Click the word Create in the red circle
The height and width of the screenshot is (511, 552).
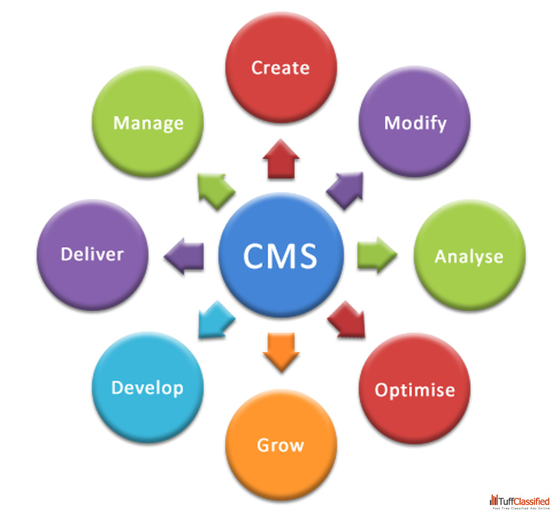click(x=280, y=68)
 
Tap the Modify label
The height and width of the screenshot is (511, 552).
click(x=415, y=123)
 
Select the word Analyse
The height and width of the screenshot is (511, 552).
click(x=469, y=257)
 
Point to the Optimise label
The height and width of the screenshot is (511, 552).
click(x=415, y=390)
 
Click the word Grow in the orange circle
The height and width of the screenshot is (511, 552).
click(x=280, y=444)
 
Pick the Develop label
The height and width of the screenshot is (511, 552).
click(x=147, y=388)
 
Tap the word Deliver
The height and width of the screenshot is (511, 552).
click(x=92, y=253)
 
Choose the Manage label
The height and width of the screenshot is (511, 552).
click(x=148, y=123)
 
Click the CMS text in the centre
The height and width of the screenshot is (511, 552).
click(x=280, y=255)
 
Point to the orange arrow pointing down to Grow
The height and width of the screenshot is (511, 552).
click(x=281, y=351)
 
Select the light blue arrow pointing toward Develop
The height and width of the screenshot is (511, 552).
click(x=216, y=319)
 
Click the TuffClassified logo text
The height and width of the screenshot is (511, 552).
click(x=524, y=500)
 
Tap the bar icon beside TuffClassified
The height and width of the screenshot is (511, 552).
click(x=494, y=500)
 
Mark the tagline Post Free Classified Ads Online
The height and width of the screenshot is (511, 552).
click(x=521, y=508)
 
